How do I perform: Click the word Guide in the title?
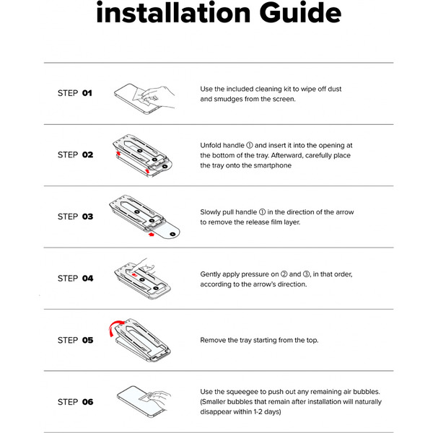point(300,12)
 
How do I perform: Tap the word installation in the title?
point(173,12)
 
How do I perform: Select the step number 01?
point(87,93)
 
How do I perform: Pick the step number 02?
point(87,154)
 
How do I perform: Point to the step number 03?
point(87,216)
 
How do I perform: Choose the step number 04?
point(87,279)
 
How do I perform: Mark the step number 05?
point(87,340)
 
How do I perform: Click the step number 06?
point(87,402)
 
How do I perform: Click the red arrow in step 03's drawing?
point(151,235)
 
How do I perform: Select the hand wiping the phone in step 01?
point(159,97)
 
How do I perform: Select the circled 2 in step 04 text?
point(284,274)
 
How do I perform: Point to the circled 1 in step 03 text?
point(262,212)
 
